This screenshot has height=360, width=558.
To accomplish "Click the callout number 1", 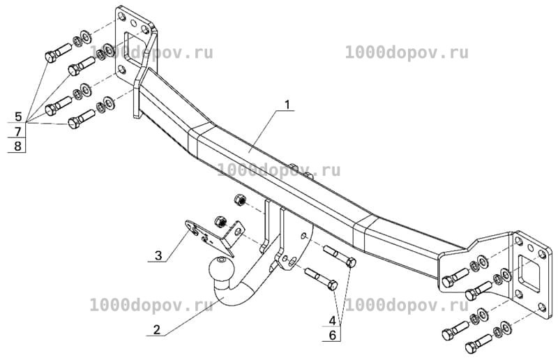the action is click(287, 105).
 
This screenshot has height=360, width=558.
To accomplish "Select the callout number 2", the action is click(156, 330).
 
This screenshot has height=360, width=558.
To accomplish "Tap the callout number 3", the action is click(158, 255).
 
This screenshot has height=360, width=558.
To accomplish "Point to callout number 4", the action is click(332, 320).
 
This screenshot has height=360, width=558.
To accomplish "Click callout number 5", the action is click(18, 117).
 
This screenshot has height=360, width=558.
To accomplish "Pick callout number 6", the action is click(333, 336).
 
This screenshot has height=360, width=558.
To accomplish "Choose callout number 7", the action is click(18, 131).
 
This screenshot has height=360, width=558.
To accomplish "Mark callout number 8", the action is click(18, 146).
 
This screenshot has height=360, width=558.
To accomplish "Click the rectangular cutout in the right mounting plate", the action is click(529, 273).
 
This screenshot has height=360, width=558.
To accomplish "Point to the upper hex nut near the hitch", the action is click(240, 200).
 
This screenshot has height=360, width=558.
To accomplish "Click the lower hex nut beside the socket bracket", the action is click(220, 222).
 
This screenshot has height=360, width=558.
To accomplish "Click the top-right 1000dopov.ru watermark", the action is click(407, 54).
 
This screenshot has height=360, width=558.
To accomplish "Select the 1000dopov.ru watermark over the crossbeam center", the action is click(278, 170).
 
